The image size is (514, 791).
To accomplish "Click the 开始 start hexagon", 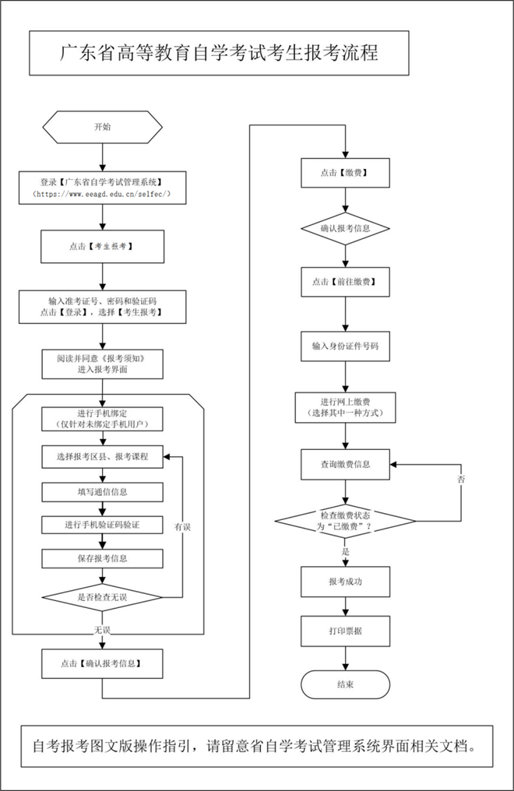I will [x=102, y=126].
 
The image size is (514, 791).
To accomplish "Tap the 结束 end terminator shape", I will [x=345, y=684].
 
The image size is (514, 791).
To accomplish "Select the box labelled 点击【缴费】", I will [x=345, y=173].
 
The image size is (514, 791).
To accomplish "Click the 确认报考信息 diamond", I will [x=345, y=228].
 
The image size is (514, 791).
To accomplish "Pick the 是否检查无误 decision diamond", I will [x=102, y=597].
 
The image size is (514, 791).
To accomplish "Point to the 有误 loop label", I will [x=182, y=527].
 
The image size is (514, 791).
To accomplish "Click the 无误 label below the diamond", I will [x=102, y=628].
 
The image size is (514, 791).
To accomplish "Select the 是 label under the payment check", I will [x=345, y=550].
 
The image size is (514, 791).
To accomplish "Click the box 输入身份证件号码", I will [x=345, y=344].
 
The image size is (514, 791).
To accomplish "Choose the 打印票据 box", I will [x=345, y=631].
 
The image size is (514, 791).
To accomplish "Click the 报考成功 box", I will [x=345, y=582].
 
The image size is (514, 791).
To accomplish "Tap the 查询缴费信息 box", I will [x=345, y=464].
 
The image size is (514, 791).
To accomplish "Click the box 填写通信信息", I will [x=102, y=491].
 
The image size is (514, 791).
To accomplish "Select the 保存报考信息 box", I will [x=102, y=558].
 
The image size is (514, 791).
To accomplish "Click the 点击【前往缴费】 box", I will [x=345, y=282].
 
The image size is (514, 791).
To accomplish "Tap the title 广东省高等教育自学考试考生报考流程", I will [x=219, y=53].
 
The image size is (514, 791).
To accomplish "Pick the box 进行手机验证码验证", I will [x=102, y=525].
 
